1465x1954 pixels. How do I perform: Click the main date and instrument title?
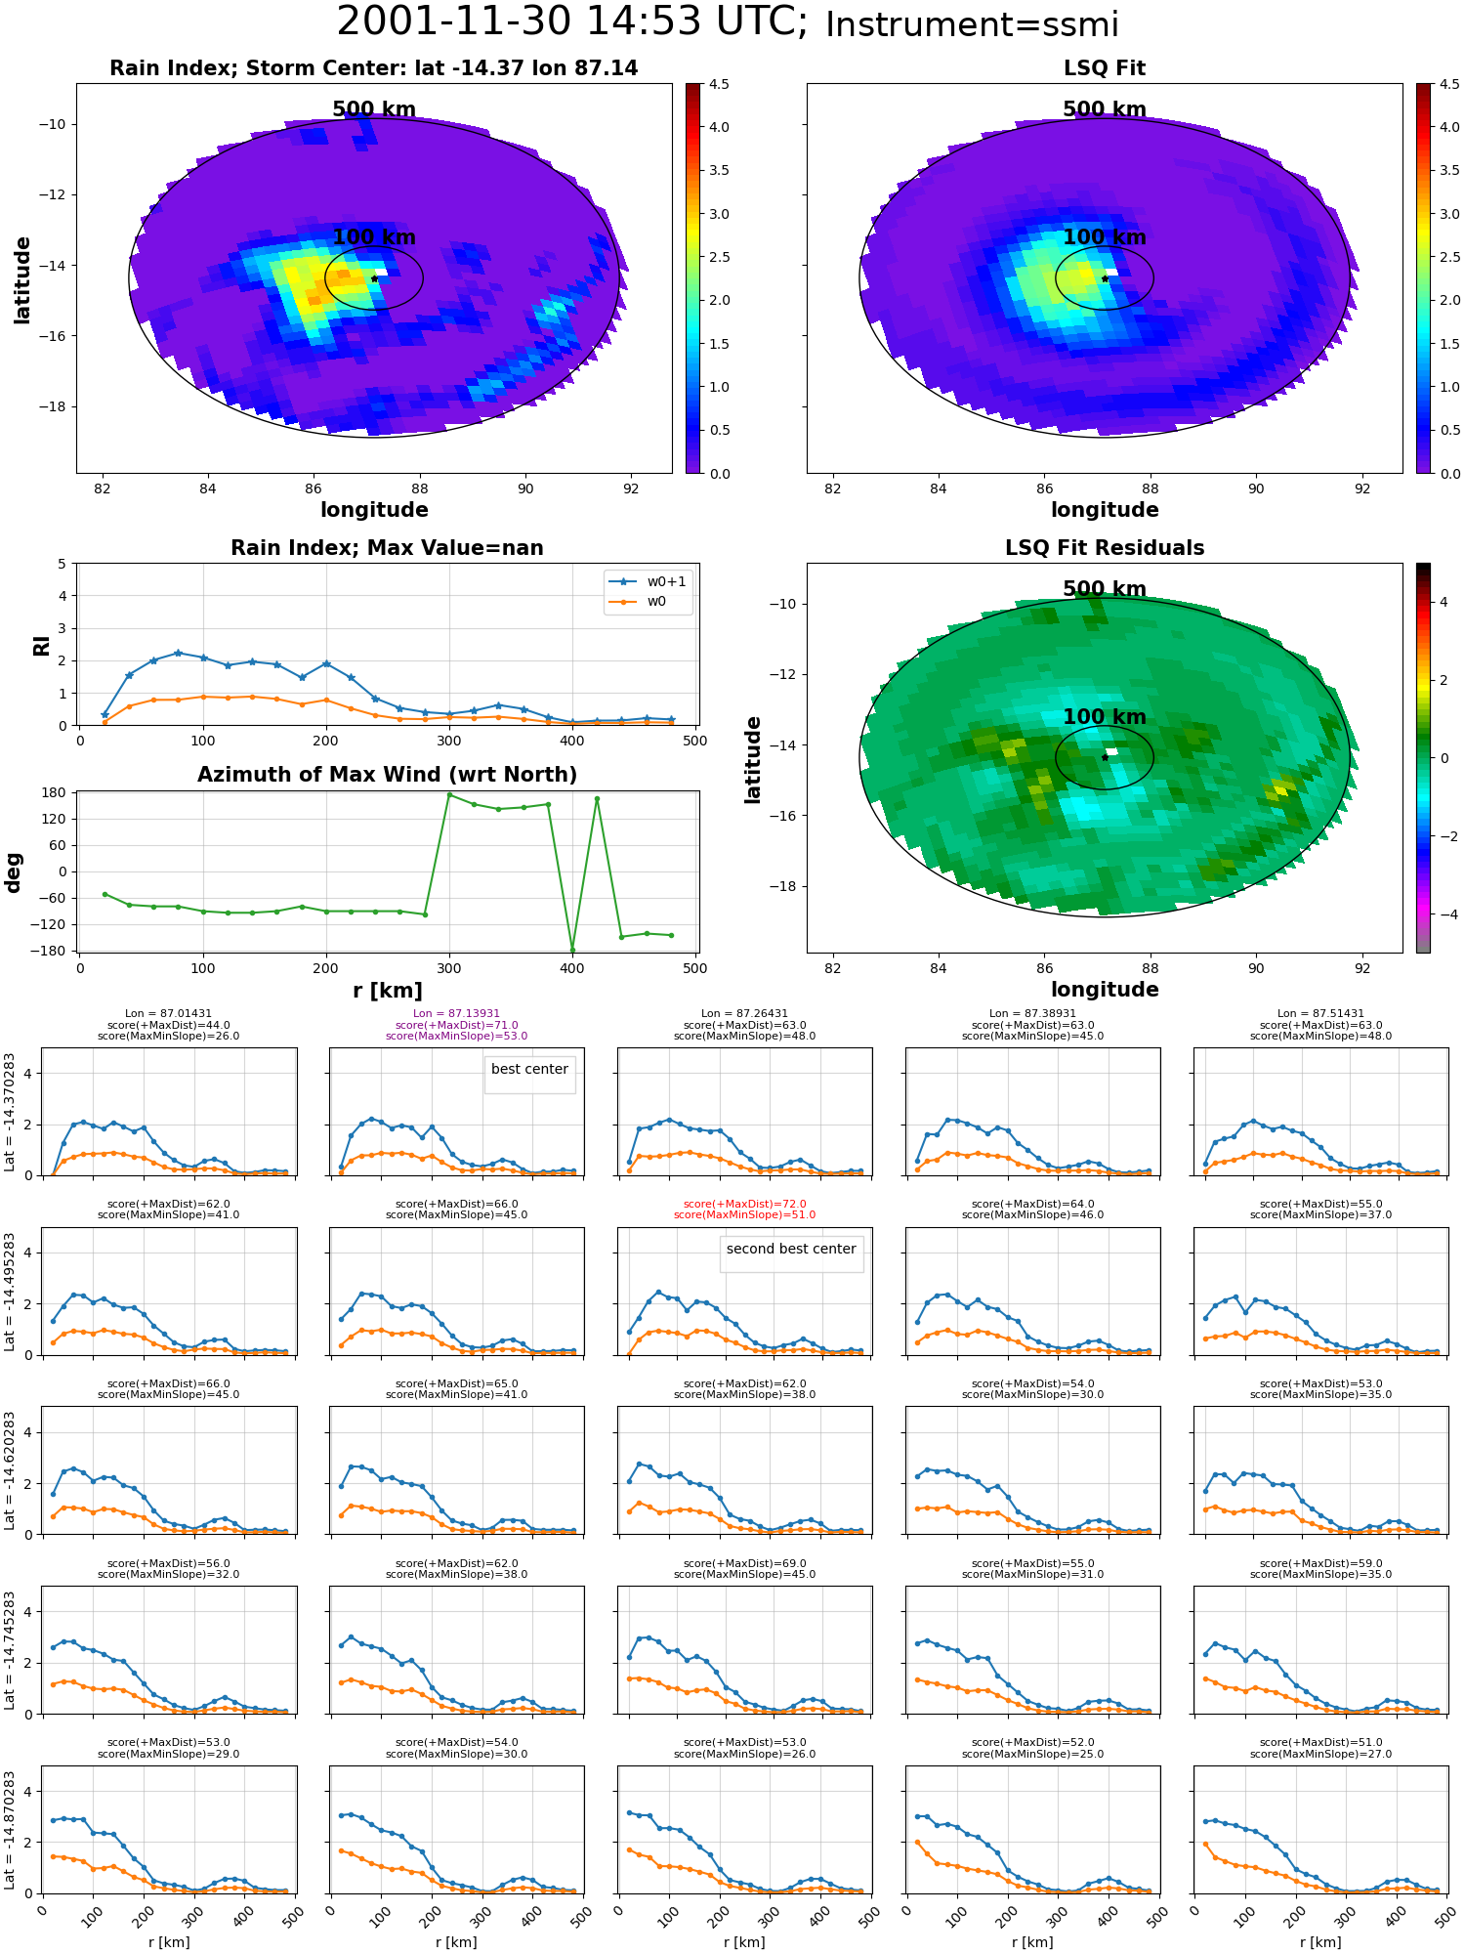(x=728, y=22)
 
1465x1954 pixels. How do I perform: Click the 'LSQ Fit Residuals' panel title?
(x=1105, y=548)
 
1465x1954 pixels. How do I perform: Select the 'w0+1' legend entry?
(x=648, y=581)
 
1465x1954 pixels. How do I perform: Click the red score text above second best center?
(x=744, y=1210)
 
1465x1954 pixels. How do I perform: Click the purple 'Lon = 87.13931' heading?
(x=456, y=1014)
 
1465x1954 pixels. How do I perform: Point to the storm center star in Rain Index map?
(x=374, y=278)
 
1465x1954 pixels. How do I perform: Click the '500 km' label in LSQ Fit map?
(x=1105, y=109)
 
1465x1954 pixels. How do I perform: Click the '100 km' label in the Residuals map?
(x=1105, y=717)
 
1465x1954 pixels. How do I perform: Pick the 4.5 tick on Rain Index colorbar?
(x=719, y=84)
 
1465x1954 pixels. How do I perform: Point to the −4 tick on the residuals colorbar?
(x=1443, y=914)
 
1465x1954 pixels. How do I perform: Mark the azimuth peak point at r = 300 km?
(x=449, y=794)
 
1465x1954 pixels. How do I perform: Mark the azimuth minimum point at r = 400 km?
(x=572, y=950)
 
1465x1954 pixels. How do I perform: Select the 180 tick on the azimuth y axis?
(x=55, y=792)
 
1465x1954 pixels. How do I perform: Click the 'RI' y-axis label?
(x=41, y=645)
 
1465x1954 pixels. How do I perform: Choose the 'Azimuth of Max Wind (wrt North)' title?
(x=387, y=775)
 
